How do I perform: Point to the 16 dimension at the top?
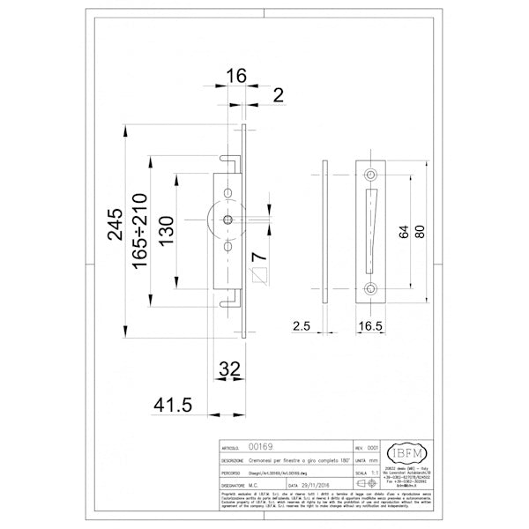pyautogui.click(x=236, y=77)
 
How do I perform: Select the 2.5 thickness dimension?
pyautogui.click(x=302, y=326)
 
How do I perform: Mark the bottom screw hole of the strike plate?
pyautogui.click(x=371, y=288)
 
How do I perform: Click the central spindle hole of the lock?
pyautogui.click(x=227, y=220)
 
